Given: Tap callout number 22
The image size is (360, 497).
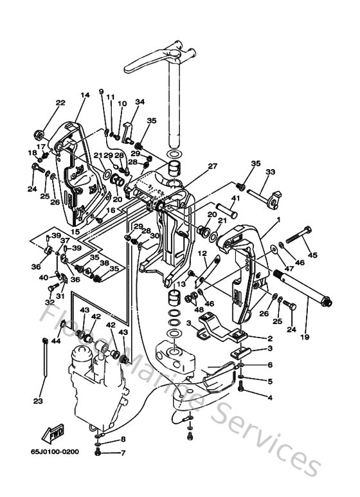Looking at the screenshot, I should click(x=60, y=103).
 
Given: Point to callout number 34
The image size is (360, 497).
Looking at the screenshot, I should click(x=140, y=102).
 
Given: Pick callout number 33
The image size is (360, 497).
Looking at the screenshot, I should click(x=270, y=172).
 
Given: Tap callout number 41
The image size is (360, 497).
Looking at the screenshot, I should click(x=235, y=199).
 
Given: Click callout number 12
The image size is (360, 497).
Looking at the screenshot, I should click(x=201, y=253).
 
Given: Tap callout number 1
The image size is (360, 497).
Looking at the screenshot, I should click(x=278, y=219).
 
